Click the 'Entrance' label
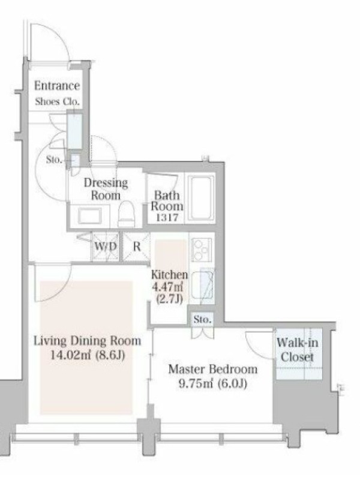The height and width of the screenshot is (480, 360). (x=57, y=85)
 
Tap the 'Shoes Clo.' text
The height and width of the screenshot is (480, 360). (x=57, y=101)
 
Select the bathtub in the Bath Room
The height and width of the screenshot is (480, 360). (x=200, y=198)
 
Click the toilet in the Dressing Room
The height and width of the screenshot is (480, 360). (x=127, y=214)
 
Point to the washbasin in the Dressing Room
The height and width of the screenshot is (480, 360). (x=89, y=215)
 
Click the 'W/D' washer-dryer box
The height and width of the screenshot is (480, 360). (x=106, y=247)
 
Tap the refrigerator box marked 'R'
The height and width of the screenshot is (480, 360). (x=137, y=247)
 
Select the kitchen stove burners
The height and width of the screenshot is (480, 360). (x=201, y=250)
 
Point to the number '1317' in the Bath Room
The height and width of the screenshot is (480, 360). (x=167, y=218)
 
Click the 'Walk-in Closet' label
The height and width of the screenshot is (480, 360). (x=297, y=350)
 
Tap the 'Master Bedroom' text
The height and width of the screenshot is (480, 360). (x=213, y=369)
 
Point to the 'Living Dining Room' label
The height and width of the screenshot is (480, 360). (x=87, y=341)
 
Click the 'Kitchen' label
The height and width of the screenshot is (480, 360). (x=169, y=275)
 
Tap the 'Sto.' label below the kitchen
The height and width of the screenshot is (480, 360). (x=202, y=320)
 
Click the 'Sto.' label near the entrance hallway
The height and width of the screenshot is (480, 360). (x=54, y=159)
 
